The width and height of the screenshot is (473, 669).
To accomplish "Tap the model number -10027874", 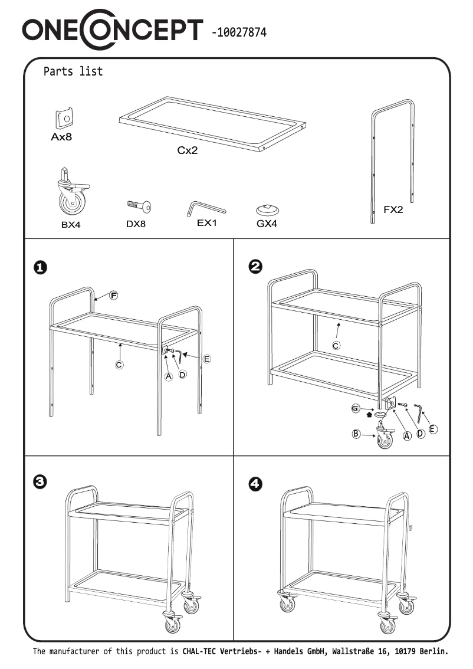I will click(x=238, y=32).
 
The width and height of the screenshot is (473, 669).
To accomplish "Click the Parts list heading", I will click(x=73, y=71).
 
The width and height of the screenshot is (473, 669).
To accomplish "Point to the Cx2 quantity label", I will click(x=188, y=150).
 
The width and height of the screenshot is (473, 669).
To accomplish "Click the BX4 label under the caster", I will click(x=70, y=225).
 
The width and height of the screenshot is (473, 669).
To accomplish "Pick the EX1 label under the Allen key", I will click(x=207, y=223).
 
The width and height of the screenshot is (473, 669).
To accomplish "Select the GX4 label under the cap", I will click(x=267, y=224).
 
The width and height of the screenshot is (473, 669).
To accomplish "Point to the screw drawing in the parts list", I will click(x=139, y=206).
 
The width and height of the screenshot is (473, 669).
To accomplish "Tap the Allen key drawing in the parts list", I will click(x=206, y=208).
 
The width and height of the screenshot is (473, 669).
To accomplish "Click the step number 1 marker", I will click(x=40, y=267).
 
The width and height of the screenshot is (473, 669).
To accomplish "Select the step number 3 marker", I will click(x=40, y=482).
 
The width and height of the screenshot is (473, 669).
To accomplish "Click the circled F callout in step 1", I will click(x=113, y=295).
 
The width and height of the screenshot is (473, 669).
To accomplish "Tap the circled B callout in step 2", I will click(x=356, y=434).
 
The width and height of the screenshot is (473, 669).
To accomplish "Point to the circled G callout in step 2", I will click(x=355, y=408).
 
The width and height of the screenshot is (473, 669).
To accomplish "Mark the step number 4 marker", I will click(x=255, y=484).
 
